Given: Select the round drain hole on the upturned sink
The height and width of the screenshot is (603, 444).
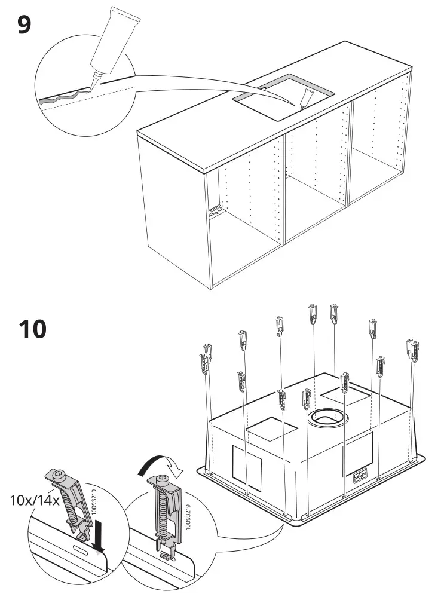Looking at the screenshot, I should click(x=326, y=418).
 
